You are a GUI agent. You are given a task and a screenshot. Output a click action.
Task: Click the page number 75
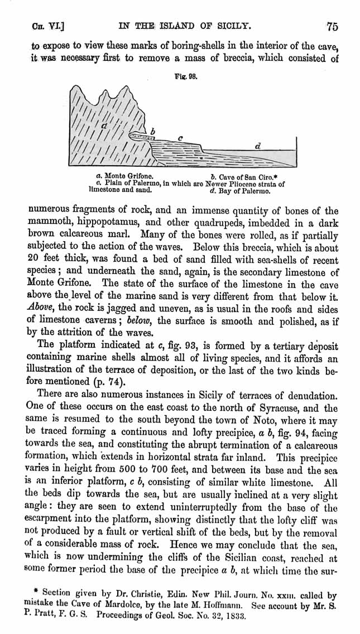pos(333,26)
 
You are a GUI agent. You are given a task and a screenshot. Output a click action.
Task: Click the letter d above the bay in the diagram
pos(257,146)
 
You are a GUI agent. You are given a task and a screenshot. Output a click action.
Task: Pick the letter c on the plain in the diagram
pos(180,137)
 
